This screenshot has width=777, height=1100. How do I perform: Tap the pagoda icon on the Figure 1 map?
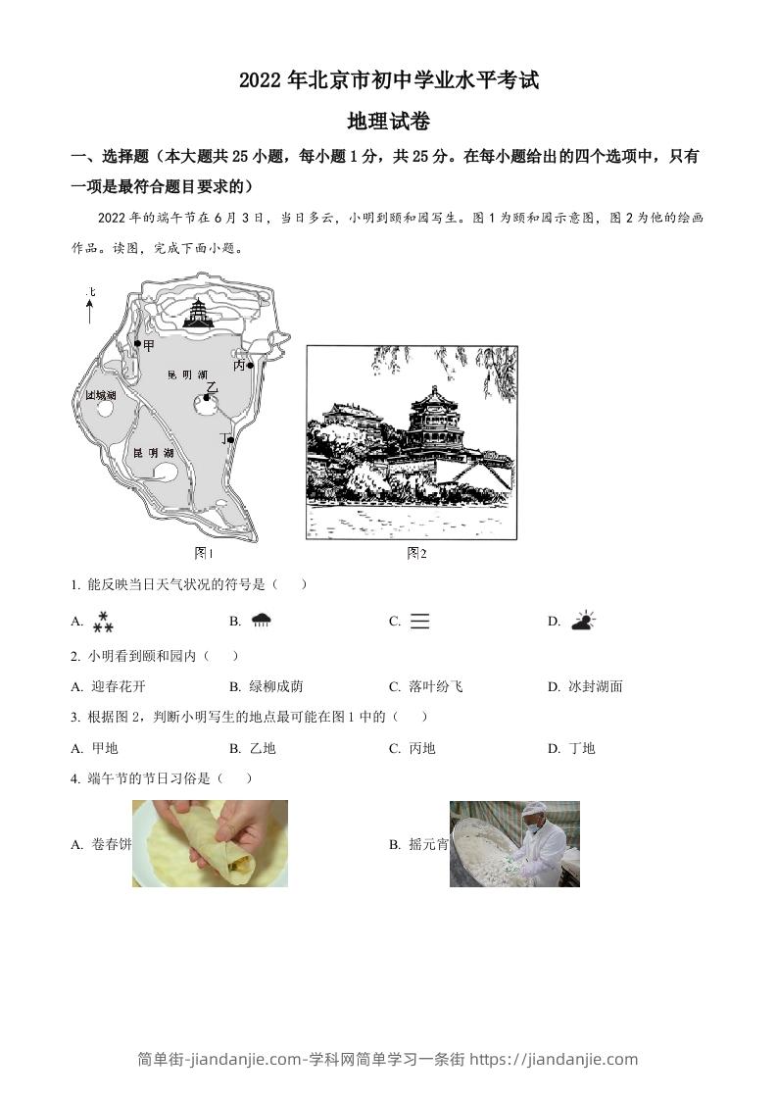click(x=200, y=313)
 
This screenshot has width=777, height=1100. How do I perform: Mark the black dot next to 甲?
click(x=137, y=344)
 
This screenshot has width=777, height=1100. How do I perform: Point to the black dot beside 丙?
click(x=251, y=366)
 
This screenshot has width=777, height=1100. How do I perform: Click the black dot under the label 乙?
click(x=208, y=397)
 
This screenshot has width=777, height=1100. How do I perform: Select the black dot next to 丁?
click(x=231, y=440)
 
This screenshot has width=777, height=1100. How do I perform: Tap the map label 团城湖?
click(x=100, y=395)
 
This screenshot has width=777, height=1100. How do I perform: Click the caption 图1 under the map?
click(x=204, y=553)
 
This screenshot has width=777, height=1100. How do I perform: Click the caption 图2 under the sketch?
click(x=416, y=553)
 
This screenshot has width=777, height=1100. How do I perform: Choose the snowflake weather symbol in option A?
click(x=103, y=621)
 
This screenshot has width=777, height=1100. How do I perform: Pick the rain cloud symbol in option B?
click(x=261, y=620)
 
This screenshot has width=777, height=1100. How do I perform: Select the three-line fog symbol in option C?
click(x=419, y=621)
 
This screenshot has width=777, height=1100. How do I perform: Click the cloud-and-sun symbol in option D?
click(x=583, y=620)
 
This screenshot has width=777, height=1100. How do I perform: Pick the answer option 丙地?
click(x=421, y=748)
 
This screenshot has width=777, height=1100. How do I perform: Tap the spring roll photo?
click(x=210, y=843)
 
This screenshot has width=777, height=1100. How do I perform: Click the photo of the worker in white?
click(x=515, y=844)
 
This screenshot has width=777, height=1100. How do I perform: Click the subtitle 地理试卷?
click(x=389, y=123)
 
